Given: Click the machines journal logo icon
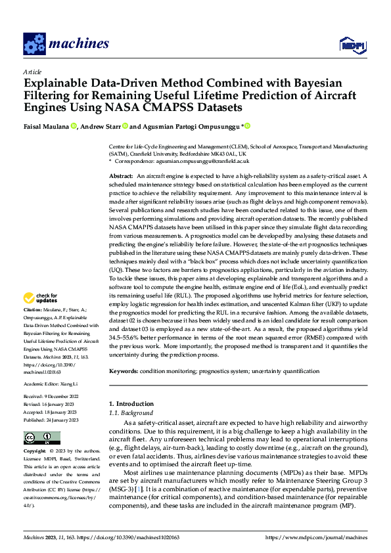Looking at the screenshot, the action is point(34,43).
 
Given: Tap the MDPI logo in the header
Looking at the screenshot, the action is point(349,45).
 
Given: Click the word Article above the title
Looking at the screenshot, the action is point(32,72).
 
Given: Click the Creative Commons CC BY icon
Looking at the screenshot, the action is point(41,437).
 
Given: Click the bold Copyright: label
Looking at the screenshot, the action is point(35,452).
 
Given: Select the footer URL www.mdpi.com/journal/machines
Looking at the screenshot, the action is point(315,537).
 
